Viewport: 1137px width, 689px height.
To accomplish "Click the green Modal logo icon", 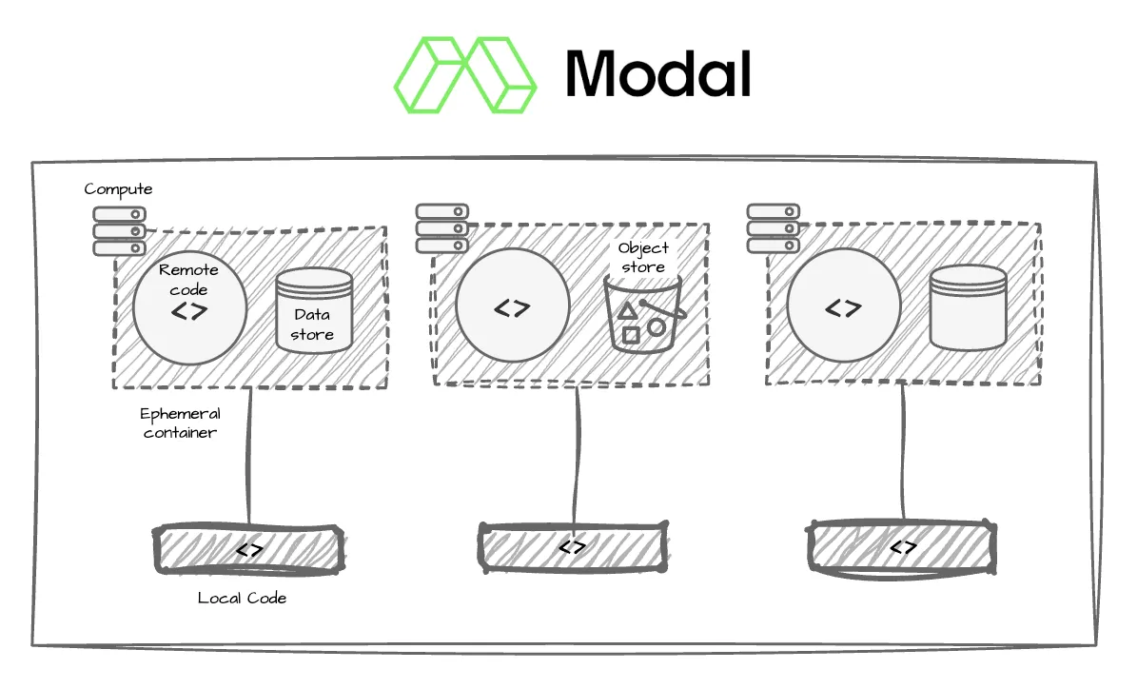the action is [465, 74].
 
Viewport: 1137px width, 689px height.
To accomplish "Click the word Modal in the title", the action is [657, 74].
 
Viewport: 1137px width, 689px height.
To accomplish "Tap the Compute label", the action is [118, 190].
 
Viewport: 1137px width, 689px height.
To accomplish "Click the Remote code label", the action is [188, 279].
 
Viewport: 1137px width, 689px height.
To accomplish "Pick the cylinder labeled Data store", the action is [314, 310].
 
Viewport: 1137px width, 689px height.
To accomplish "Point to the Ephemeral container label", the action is [180, 423].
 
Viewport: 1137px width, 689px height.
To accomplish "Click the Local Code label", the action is [243, 599].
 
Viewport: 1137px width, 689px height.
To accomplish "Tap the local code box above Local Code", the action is [248, 550].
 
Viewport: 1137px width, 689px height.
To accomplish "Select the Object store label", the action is [643, 258].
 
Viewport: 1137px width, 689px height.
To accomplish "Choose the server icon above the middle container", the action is [442, 228].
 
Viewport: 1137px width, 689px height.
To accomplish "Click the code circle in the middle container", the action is [513, 305].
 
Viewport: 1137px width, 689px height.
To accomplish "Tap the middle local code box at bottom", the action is [573, 547].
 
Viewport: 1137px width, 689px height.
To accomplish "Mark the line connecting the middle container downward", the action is [578, 456].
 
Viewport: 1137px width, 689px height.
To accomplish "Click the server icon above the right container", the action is [774, 228].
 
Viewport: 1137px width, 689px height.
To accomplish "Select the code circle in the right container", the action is [843, 305].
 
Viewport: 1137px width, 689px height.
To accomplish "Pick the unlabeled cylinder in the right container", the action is [968, 308].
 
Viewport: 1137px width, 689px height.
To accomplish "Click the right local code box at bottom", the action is [902, 547].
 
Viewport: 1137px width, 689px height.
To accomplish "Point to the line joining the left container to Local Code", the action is [249, 457].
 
